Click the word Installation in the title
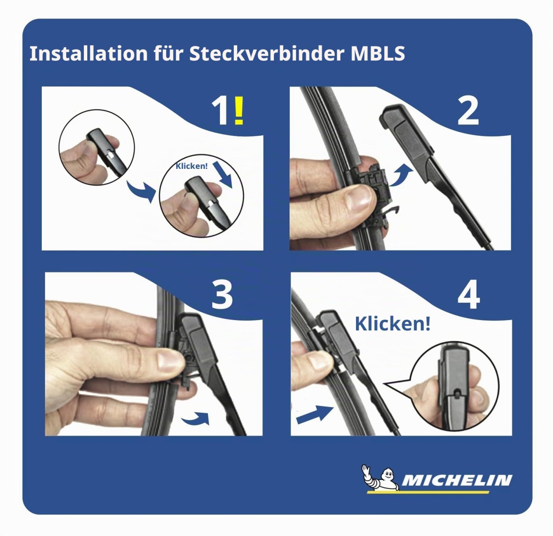(x=89, y=53)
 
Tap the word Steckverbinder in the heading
(x=267, y=53)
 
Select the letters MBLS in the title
(x=378, y=54)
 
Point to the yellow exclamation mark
(x=239, y=110)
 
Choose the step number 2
(x=468, y=111)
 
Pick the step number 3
(x=222, y=295)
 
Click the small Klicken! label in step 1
(x=191, y=166)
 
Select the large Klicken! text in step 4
(x=393, y=324)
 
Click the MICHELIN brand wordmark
(x=457, y=480)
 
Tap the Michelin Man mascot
(x=379, y=478)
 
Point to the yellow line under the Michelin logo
(x=428, y=492)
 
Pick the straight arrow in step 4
(x=315, y=415)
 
